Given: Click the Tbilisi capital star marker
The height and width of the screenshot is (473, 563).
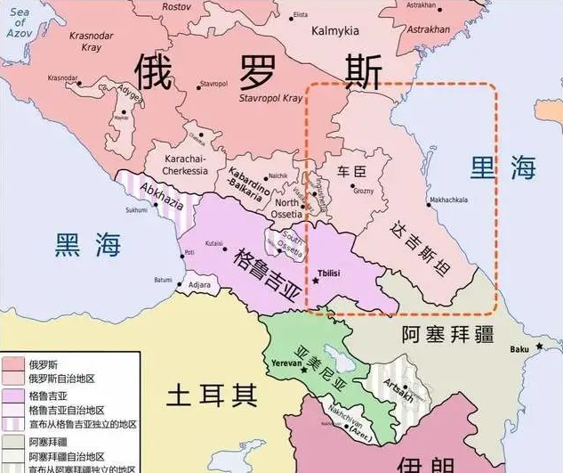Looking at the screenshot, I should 314,281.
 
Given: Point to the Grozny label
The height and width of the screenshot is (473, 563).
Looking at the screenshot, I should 363,191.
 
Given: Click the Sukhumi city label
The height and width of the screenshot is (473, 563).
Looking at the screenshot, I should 136,211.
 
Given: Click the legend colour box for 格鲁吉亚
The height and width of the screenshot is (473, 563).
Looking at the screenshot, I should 13,396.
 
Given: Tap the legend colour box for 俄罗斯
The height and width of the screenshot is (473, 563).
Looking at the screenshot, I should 13,364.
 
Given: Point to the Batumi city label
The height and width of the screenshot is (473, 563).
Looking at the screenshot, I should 163,279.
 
